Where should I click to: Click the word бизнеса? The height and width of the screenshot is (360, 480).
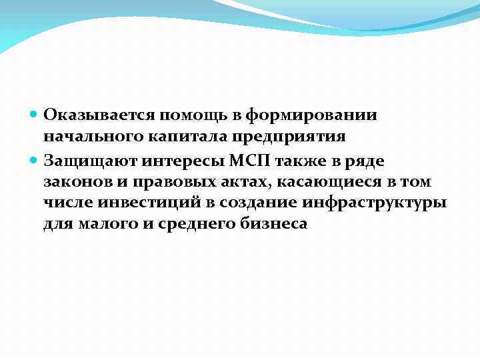click(x=274, y=225)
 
